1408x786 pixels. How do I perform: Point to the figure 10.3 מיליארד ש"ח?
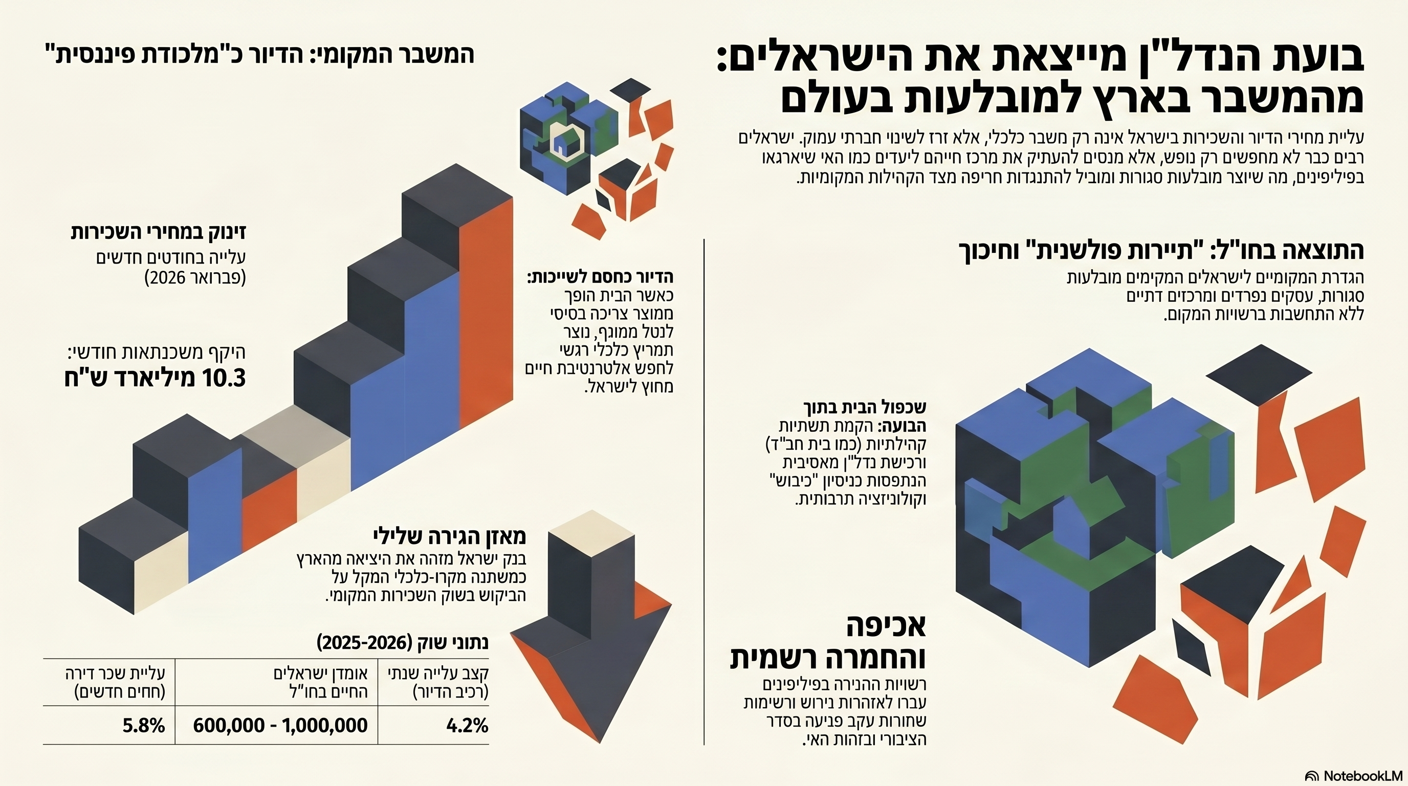click(155, 378)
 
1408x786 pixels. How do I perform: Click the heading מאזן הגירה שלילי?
click(449, 536)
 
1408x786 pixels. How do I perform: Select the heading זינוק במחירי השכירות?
click(159, 232)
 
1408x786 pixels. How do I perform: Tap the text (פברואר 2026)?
click(195, 278)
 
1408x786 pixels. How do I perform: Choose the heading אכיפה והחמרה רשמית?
click(828, 643)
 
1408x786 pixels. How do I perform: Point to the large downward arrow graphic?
click(590, 634)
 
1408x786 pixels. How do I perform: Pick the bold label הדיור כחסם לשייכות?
click(600, 277)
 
